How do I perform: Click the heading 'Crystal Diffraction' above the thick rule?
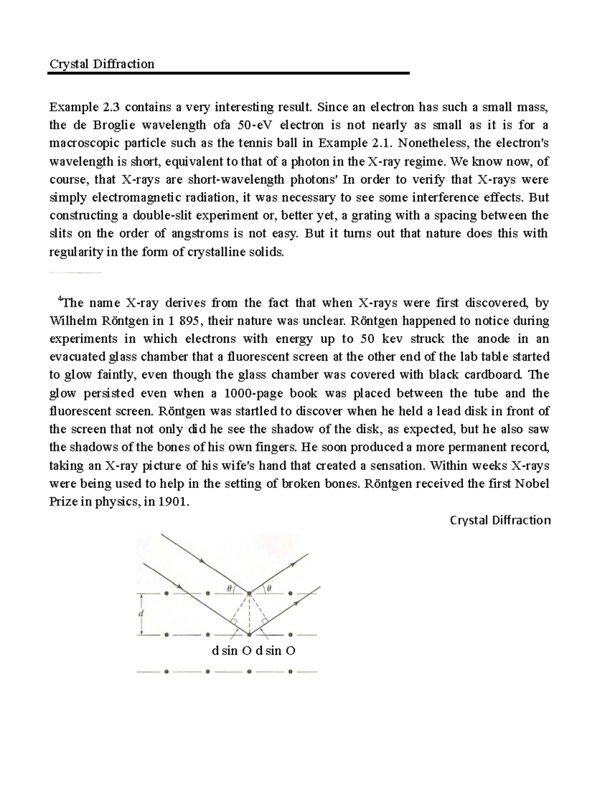pyautogui.click(x=101, y=64)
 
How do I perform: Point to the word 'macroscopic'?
pyautogui.click(x=80, y=143)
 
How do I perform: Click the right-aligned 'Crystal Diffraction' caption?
pyautogui.click(x=501, y=520)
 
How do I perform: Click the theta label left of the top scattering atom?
pyautogui.click(x=229, y=588)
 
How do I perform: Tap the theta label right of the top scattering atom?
pyautogui.click(x=269, y=588)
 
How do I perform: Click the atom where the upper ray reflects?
pyautogui.click(x=249, y=593)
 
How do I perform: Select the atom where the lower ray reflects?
pyautogui.click(x=249, y=634)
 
